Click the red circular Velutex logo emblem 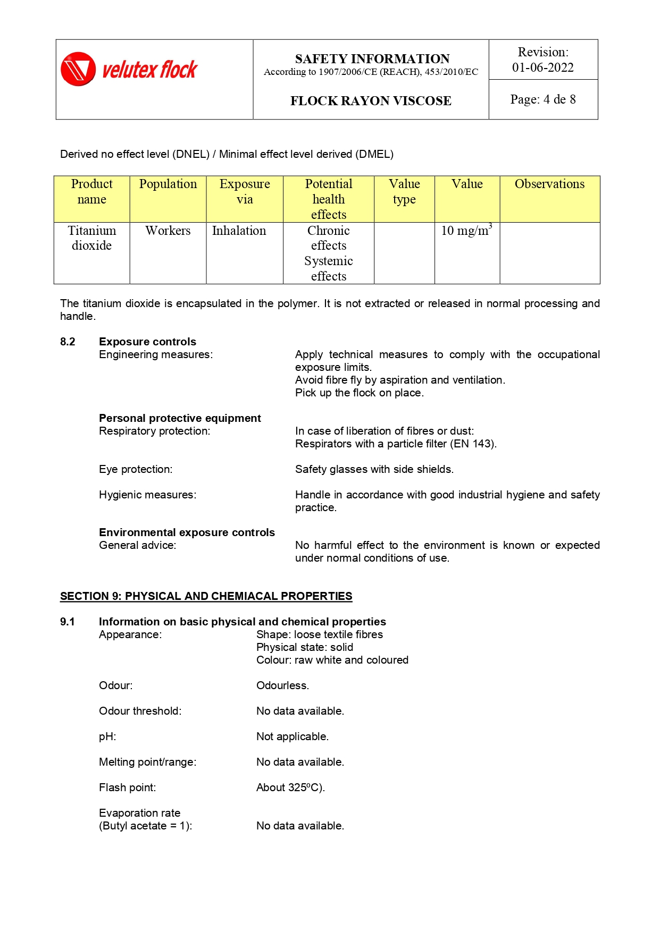(78, 69)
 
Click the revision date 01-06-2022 (542, 67)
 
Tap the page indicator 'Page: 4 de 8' (542, 99)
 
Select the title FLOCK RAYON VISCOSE (371, 101)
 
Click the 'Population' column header (168, 184)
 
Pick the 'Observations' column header (549, 184)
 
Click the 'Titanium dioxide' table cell (92, 238)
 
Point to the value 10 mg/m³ (466, 230)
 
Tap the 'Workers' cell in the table (168, 231)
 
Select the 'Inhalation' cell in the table (239, 231)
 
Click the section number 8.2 (68, 342)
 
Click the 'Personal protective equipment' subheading (180, 418)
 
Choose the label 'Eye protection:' (136, 469)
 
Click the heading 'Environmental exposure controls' (187, 532)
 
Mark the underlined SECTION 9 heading (206, 596)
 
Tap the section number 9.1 (68, 622)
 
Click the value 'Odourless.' (282, 685)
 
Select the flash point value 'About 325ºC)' (290, 787)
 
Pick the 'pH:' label (107, 736)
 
